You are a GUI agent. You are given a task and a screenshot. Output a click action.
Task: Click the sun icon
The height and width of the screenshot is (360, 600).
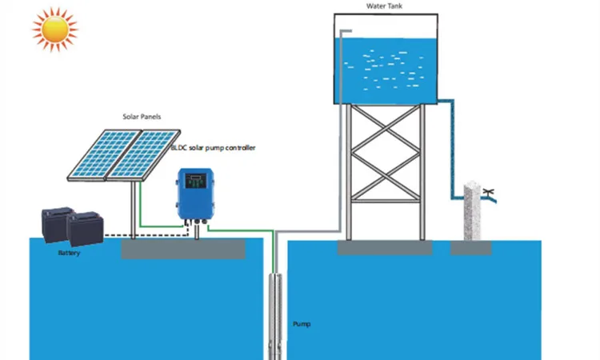[x=55, y=30]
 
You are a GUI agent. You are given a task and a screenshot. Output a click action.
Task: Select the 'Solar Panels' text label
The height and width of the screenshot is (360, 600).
[x=141, y=117]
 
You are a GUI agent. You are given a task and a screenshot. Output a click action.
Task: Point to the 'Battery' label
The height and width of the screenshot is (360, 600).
[x=69, y=254]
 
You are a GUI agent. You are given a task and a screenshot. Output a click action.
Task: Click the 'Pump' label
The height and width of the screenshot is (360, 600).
[x=302, y=324]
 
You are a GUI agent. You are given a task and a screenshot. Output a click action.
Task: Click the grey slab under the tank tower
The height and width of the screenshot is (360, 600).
[x=384, y=247]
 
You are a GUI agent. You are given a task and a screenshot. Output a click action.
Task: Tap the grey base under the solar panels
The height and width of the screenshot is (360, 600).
[x=183, y=249]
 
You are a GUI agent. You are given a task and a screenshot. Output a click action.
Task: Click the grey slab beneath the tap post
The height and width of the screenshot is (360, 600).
[x=471, y=247]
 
